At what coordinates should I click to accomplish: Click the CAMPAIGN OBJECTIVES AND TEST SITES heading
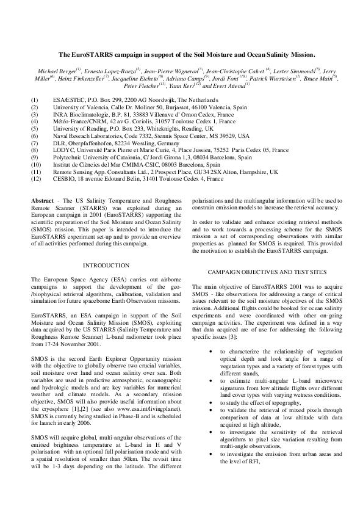(x=267, y=271)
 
